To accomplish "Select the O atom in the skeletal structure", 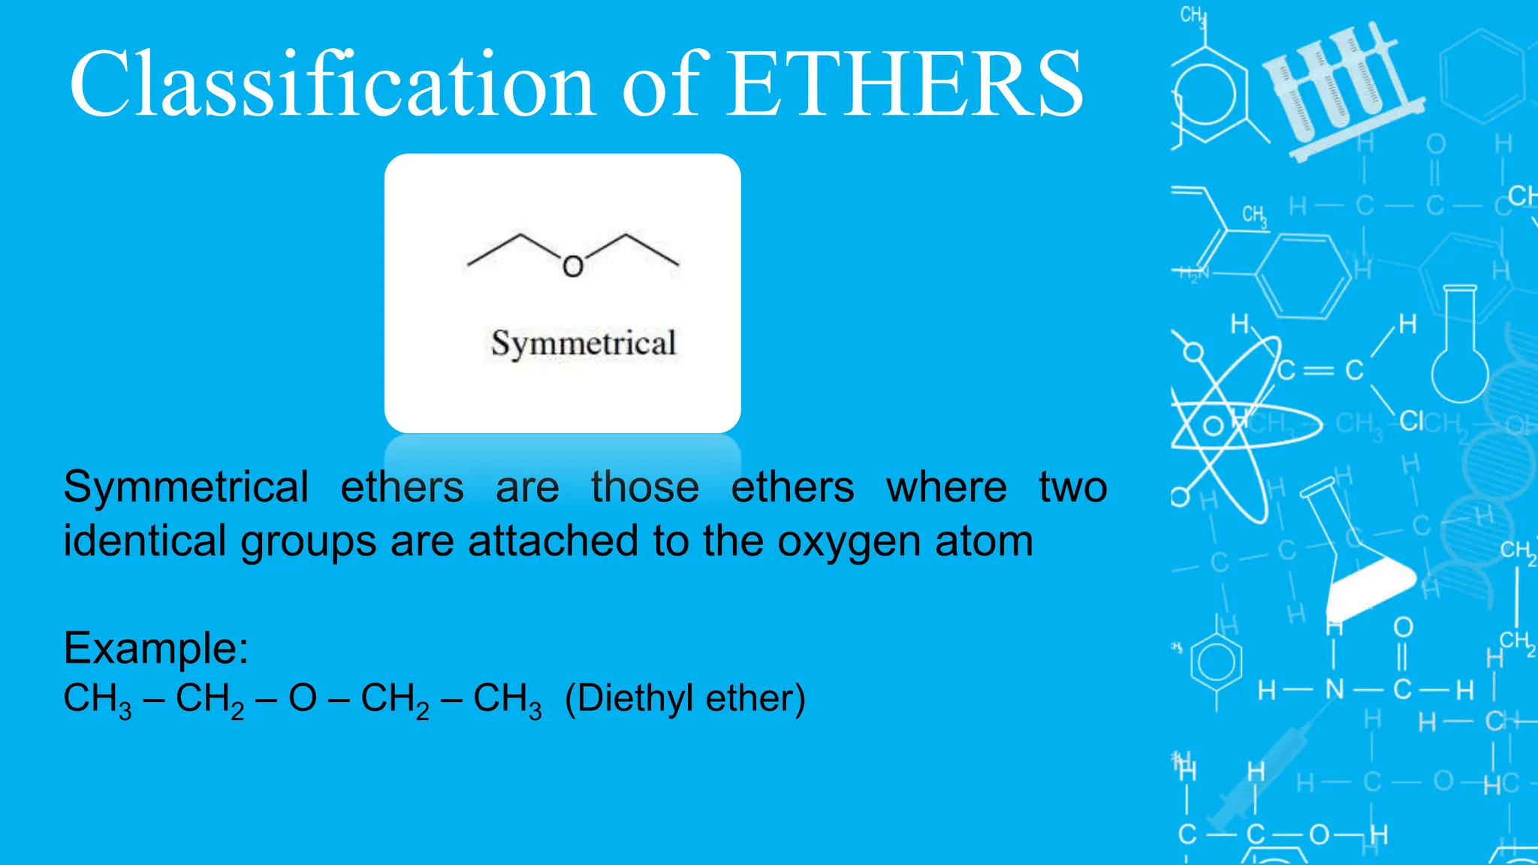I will pyautogui.click(x=573, y=267).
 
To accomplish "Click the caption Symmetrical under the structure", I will pyautogui.click(x=584, y=344).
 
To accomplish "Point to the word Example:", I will pyautogui.click(x=155, y=647).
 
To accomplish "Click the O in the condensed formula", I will pyautogui.click(x=303, y=698).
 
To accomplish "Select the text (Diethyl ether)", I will pyautogui.click(x=685, y=698).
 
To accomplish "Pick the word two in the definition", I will pyautogui.click(x=1072, y=487).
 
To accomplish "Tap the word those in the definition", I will pyautogui.click(x=644, y=487).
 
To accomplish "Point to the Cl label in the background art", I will pyautogui.click(x=1411, y=421).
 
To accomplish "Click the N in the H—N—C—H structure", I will pyautogui.click(x=1334, y=689).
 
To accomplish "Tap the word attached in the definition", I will pyautogui.click(x=555, y=541).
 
